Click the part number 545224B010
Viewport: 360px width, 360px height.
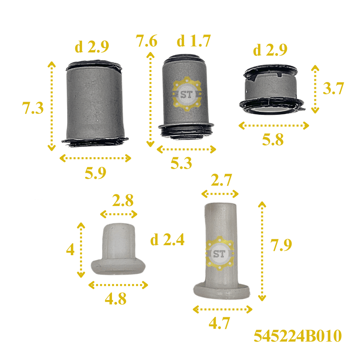click(298, 336)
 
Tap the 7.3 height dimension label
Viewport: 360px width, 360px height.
click(33, 108)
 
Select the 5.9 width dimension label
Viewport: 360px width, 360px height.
click(96, 173)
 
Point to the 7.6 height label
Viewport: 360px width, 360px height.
click(146, 41)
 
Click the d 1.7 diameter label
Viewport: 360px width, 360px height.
click(194, 41)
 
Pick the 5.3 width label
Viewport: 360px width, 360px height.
click(181, 163)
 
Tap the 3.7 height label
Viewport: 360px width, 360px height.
click(333, 88)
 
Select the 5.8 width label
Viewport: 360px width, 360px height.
click(273, 139)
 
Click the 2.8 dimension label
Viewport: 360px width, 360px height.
click(123, 200)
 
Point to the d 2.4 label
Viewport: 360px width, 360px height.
click(167, 240)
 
